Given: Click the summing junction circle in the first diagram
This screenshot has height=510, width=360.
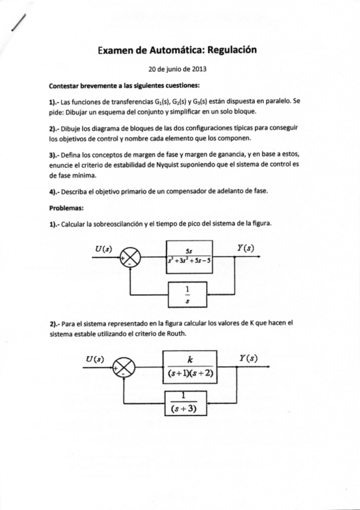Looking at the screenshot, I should tap(131, 258).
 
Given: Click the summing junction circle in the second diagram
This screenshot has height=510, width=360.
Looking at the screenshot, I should tap(125, 367).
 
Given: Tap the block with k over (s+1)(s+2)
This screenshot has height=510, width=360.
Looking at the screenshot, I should tap(189, 368).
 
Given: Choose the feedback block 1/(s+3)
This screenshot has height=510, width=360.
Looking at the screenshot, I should tap(185, 403).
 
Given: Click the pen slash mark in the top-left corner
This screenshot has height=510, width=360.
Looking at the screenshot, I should tap(19, 21).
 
